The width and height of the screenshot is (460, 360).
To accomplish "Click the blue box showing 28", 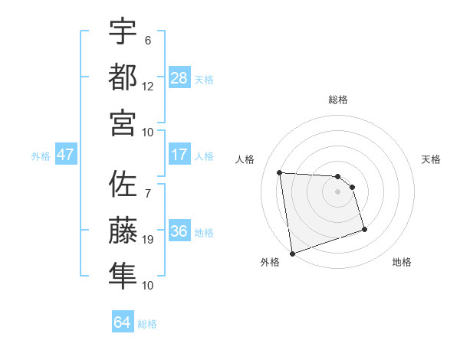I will (179, 77).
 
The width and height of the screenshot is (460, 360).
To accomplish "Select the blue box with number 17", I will (179, 155).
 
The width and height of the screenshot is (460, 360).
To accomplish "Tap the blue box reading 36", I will (179, 231).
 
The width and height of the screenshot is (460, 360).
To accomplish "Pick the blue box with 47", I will (66, 155).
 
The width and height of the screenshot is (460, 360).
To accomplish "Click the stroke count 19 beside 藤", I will (148, 240).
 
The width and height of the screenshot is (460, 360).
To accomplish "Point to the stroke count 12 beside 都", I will (148, 87).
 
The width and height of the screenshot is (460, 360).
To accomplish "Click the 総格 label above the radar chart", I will (337, 100).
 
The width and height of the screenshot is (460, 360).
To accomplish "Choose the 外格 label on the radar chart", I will (270, 262).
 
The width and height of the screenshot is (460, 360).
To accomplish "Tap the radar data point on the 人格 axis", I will (280, 172).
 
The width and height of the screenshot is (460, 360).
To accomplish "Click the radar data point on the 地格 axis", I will (364, 229).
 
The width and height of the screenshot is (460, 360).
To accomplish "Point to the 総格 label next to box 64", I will (147, 323).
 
